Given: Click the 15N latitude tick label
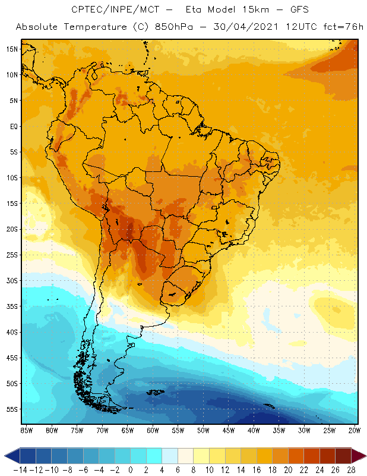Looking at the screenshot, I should pyautogui.click(x=12, y=49).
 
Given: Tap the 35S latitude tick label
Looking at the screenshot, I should pyautogui.click(x=12, y=306).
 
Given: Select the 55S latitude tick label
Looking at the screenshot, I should pyautogui.click(x=12, y=409).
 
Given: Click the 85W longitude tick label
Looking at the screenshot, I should pyautogui.click(x=26, y=430).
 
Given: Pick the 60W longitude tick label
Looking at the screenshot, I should pyautogui.click(x=153, y=430).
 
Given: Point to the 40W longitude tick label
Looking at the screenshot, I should pyautogui.click(x=254, y=430).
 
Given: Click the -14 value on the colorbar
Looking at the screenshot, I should pyautogui.click(x=20, y=469).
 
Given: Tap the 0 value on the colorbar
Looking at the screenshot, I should pyautogui.click(x=131, y=469).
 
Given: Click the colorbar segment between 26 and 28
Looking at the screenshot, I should pyautogui.click(x=343, y=456).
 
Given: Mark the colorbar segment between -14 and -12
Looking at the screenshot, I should pyautogui.click(x=28, y=456).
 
